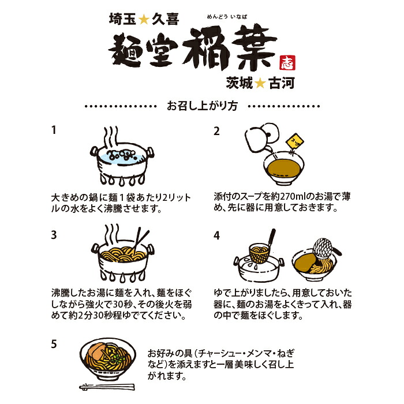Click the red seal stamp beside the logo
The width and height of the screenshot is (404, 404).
(287, 62)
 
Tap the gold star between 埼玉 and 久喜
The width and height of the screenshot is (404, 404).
(144, 20)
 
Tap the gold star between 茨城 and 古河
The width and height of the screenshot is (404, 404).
(260, 83)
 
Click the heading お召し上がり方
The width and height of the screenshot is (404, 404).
(202, 106)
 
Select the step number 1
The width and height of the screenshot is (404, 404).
(54, 130)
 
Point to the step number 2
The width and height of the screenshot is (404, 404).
(216, 131)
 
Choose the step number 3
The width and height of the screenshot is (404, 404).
(54, 235)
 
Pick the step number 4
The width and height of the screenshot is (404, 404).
(216, 235)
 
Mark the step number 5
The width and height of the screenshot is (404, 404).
(54, 344)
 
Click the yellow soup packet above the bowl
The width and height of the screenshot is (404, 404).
(295, 141)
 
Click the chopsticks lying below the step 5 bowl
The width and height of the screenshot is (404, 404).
(107, 387)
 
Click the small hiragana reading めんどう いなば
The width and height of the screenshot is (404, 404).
(227, 17)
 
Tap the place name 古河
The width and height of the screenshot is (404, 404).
(282, 83)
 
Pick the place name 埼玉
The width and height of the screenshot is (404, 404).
(122, 19)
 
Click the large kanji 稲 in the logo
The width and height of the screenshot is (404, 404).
(206, 48)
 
